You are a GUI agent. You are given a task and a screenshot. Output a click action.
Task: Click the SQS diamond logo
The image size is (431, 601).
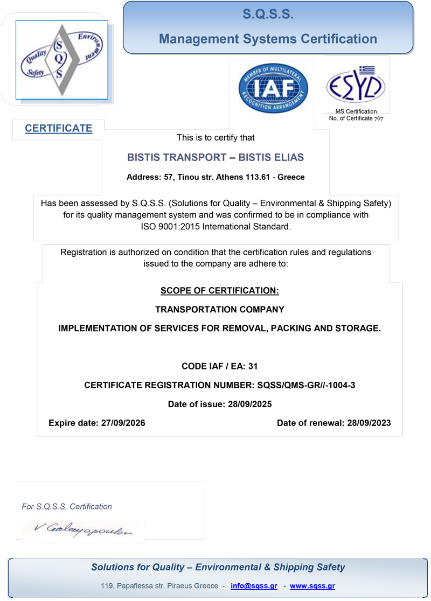[x=62, y=59]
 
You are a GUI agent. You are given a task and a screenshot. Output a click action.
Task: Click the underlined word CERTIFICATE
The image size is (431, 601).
[x=59, y=128]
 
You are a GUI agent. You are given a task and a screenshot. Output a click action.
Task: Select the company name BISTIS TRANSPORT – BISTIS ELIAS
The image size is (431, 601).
[x=215, y=158]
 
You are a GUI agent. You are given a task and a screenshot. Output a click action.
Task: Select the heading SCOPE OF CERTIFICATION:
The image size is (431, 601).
[x=220, y=291]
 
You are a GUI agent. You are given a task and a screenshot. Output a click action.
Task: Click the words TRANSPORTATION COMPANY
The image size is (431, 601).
[x=220, y=310]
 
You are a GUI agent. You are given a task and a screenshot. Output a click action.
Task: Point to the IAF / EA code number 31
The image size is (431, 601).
[x=253, y=367]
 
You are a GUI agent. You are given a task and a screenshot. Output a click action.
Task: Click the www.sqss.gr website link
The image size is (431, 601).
[x=312, y=586]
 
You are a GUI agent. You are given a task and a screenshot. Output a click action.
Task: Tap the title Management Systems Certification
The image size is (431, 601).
[x=268, y=39]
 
